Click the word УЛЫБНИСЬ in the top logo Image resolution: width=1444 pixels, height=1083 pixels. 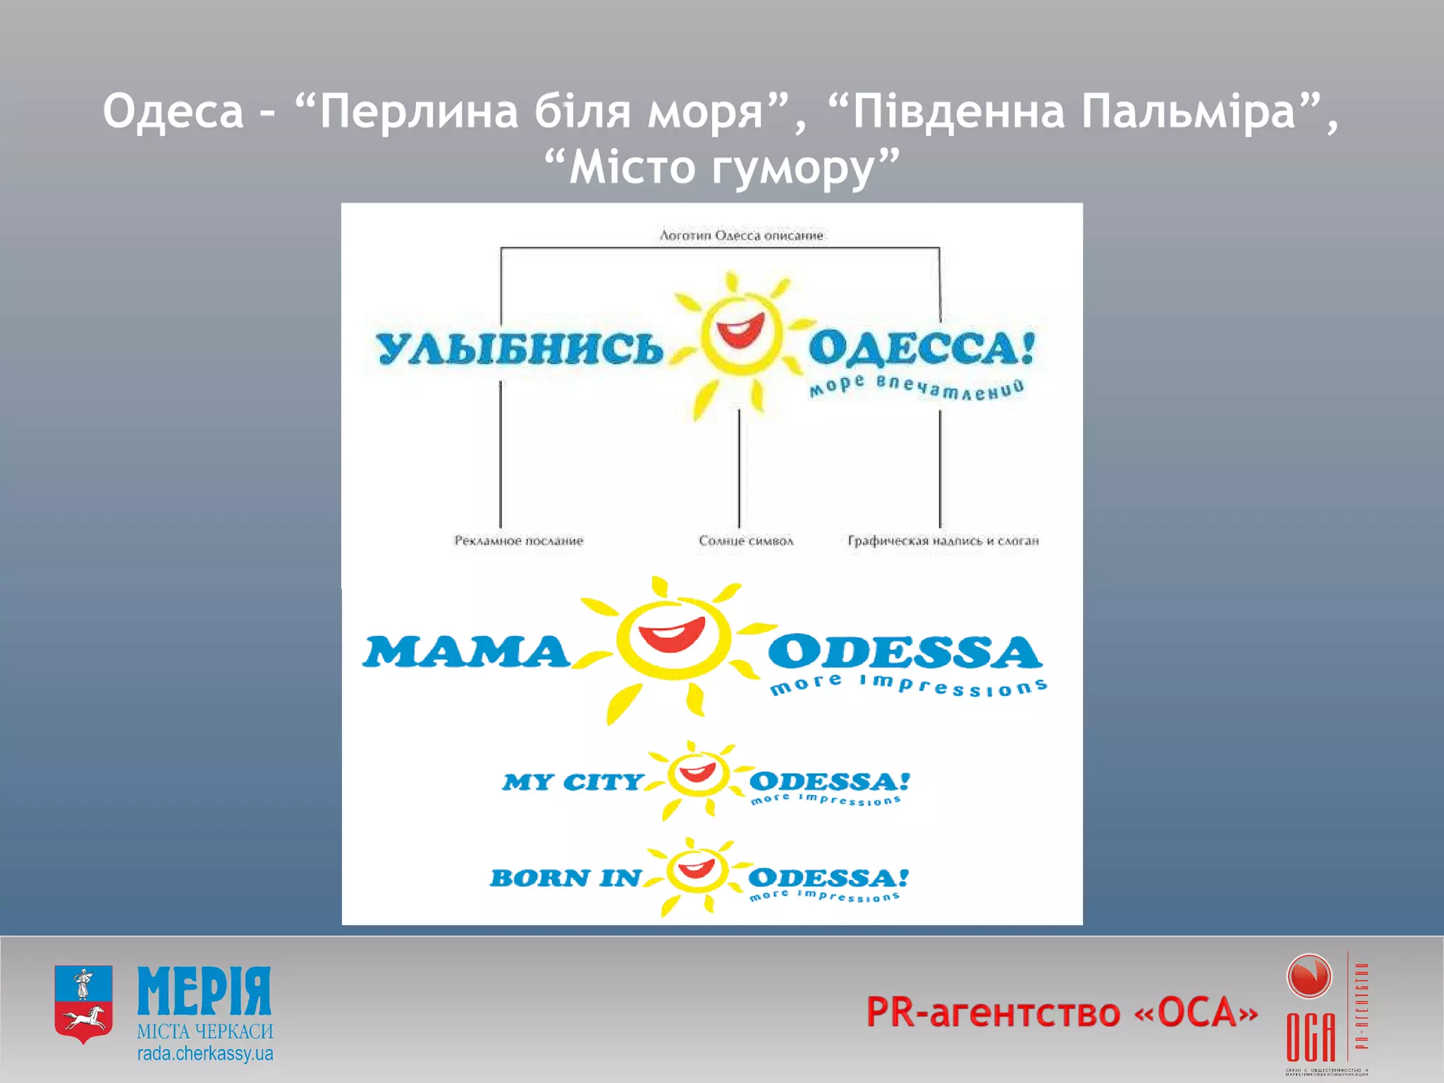(x=519, y=348)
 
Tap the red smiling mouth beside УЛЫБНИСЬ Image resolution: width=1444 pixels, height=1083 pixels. (x=740, y=329)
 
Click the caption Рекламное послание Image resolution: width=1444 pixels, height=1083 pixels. (x=519, y=541)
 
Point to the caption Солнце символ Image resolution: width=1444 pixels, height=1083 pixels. (x=746, y=541)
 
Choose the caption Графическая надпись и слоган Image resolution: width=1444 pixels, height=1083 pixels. (x=943, y=541)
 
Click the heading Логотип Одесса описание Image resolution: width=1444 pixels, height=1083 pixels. (x=741, y=235)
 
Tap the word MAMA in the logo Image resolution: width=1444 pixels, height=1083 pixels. (x=466, y=651)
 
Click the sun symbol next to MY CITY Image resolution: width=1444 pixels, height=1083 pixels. (x=697, y=776)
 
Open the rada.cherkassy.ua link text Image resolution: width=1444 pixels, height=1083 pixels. (x=205, y=1054)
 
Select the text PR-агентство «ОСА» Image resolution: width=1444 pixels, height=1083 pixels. (x=1062, y=1012)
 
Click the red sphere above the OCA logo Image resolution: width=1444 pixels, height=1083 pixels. (x=1309, y=977)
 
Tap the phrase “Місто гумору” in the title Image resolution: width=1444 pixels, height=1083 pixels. (x=722, y=168)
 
